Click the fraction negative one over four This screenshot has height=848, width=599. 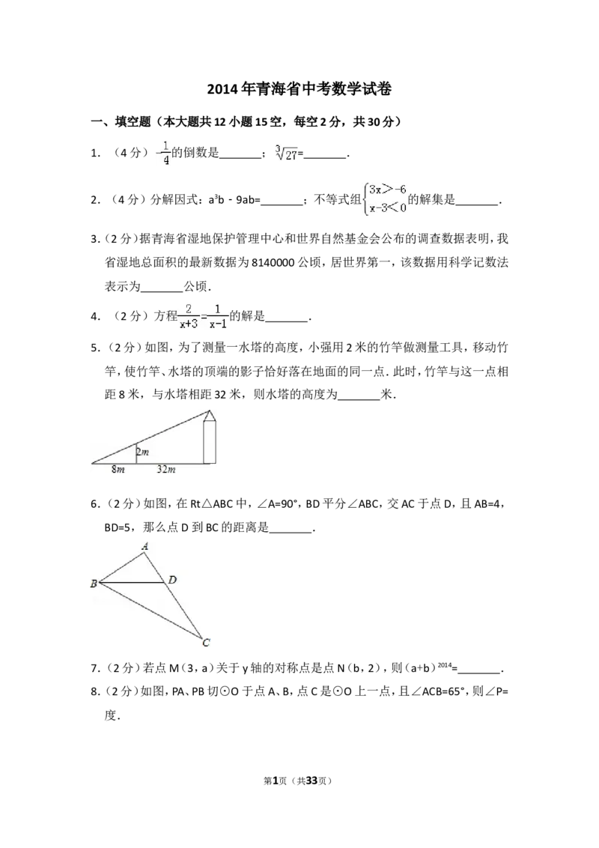click(162, 152)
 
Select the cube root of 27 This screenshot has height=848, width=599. click(285, 152)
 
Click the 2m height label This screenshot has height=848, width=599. click(143, 452)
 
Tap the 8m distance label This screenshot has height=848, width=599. click(118, 469)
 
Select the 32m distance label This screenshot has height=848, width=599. click(166, 469)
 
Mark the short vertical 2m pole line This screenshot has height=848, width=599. click(136, 454)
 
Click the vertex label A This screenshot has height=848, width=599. click(145, 547)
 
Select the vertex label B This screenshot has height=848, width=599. click(94, 584)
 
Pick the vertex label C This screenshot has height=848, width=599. click(207, 642)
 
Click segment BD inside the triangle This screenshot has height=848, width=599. click(131, 582)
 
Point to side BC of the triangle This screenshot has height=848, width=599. click(150, 610)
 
